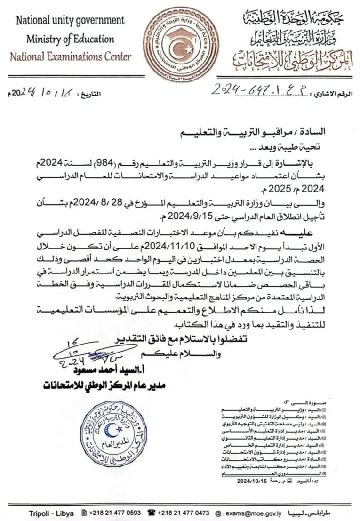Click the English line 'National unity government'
click(70, 20)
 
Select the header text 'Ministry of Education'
click(70, 39)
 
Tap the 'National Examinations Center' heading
click(71, 57)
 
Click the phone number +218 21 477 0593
click(115, 513)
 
